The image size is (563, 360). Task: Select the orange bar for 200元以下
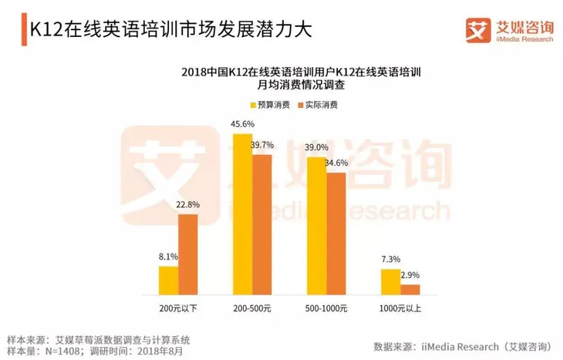click(188, 254)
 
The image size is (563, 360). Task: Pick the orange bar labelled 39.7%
click(262, 224)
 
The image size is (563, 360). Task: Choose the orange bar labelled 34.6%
click(336, 234)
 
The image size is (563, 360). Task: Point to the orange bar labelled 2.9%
click(410, 290)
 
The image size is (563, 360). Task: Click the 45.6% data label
click(243, 125)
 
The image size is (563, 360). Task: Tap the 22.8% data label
click(188, 205)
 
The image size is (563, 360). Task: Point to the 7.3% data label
click(391, 261)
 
